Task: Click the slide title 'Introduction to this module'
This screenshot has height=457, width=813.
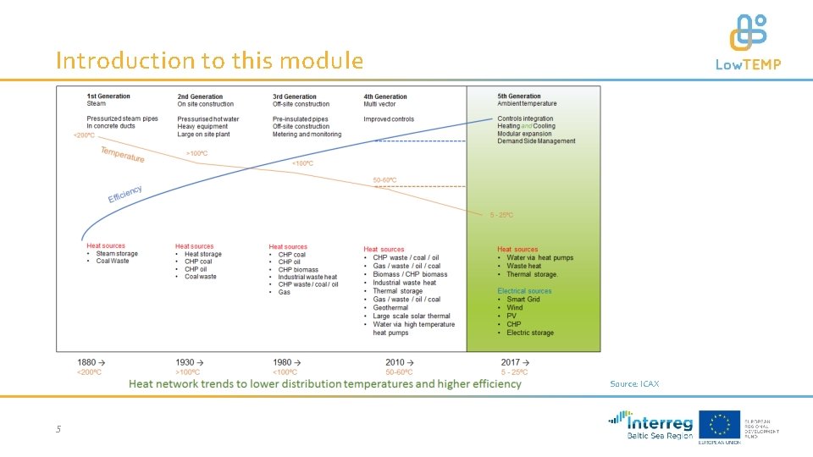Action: tap(209, 61)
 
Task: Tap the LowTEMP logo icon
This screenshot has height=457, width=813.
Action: tap(748, 32)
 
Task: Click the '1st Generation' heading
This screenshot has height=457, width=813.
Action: tap(108, 96)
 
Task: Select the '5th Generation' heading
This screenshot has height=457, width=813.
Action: tap(518, 96)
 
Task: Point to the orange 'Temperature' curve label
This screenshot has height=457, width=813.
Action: tap(123, 154)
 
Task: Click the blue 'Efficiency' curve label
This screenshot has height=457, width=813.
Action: tap(124, 194)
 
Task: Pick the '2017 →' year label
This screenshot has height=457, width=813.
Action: tap(514, 361)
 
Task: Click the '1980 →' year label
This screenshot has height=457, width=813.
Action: tap(287, 361)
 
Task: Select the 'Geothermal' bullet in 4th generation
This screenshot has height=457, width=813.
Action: tap(390, 307)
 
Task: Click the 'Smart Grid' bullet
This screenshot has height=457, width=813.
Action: tap(523, 300)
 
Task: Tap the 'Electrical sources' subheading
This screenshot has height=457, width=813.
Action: tap(524, 291)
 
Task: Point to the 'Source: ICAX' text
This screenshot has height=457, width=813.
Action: tap(634, 384)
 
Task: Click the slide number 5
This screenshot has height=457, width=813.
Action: tap(58, 429)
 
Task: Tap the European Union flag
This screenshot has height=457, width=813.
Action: tap(719, 424)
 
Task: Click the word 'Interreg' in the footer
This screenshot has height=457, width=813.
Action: tap(661, 421)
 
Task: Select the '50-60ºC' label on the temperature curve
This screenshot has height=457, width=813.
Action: tap(384, 180)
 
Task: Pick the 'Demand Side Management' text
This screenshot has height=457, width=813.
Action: tap(536, 141)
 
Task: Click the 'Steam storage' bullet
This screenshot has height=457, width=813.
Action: tap(117, 254)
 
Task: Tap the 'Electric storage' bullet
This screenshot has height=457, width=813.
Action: tap(530, 333)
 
